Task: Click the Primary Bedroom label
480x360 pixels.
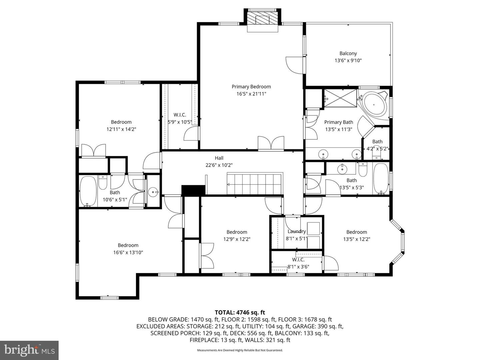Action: pyautogui.click(x=251, y=87)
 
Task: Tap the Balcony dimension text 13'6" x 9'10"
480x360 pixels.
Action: pyautogui.click(x=348, y=61)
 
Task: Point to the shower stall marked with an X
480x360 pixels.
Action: pyautogui.click(x=340, y=98)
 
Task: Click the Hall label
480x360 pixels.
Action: pyautogui.click(x=219, y=158)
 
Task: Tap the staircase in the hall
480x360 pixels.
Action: pyautogui.click(x=255, y=183)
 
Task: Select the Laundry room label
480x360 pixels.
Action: pyautogui.click(x=297, y=231)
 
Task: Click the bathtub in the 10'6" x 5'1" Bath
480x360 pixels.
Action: pyautogui.click(x=88, y=191)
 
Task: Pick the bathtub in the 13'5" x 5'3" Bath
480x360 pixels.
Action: pyautogui.click(x=381, y=179)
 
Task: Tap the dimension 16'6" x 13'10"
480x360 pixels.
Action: pyautogui.click(x=128, y=252)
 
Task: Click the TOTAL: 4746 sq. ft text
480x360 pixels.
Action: pyautogui.click(x=240, y=312)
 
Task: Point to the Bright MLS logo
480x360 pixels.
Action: pyautogui.click(x=29, y=350)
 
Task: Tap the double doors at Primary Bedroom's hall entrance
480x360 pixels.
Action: pyautogui.click(x=271, y=143)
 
